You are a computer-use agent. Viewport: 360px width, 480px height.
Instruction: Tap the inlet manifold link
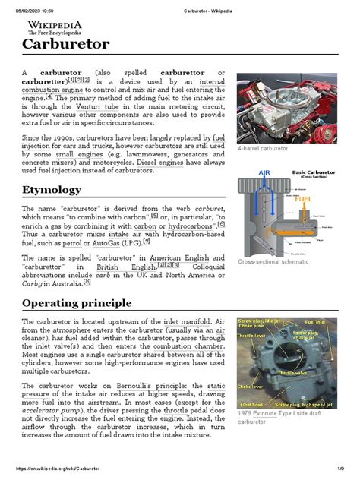pyautogui.click(x=191, y=322)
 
